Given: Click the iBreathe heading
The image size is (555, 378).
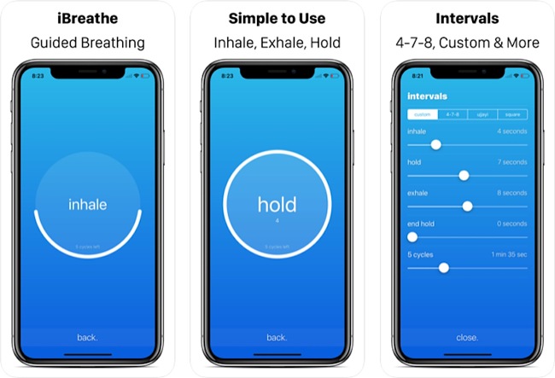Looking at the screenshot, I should coord(88,17).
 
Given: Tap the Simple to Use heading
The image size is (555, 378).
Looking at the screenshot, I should coord(277,17).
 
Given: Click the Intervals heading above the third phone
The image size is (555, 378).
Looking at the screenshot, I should coord(467,17).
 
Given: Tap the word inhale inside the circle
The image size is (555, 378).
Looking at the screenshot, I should coord(88,205).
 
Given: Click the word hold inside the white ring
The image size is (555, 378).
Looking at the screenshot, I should coord(277,205).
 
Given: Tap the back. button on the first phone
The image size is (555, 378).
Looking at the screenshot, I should coord(88,337).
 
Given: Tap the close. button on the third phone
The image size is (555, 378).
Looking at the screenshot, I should coord(467,337).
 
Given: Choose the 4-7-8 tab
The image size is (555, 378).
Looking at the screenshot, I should coord(453,114).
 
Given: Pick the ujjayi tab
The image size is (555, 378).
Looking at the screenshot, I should coord(482,114).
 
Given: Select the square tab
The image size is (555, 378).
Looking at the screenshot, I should coord(512,114).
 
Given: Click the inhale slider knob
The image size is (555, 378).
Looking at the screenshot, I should coord(435,145).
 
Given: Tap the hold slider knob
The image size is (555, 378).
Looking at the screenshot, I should coord(464,175).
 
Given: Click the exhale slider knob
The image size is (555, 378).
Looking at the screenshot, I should coord(467,206).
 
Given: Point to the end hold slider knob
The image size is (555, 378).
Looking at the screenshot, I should coord(412,236).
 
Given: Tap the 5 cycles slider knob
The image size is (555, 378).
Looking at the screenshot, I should coord(443,267).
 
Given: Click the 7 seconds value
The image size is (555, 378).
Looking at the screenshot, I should coord(511,162).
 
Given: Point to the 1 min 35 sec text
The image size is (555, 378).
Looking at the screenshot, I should coord(507,254).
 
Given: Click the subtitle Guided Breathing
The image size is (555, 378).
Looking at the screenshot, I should coord(88,43).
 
